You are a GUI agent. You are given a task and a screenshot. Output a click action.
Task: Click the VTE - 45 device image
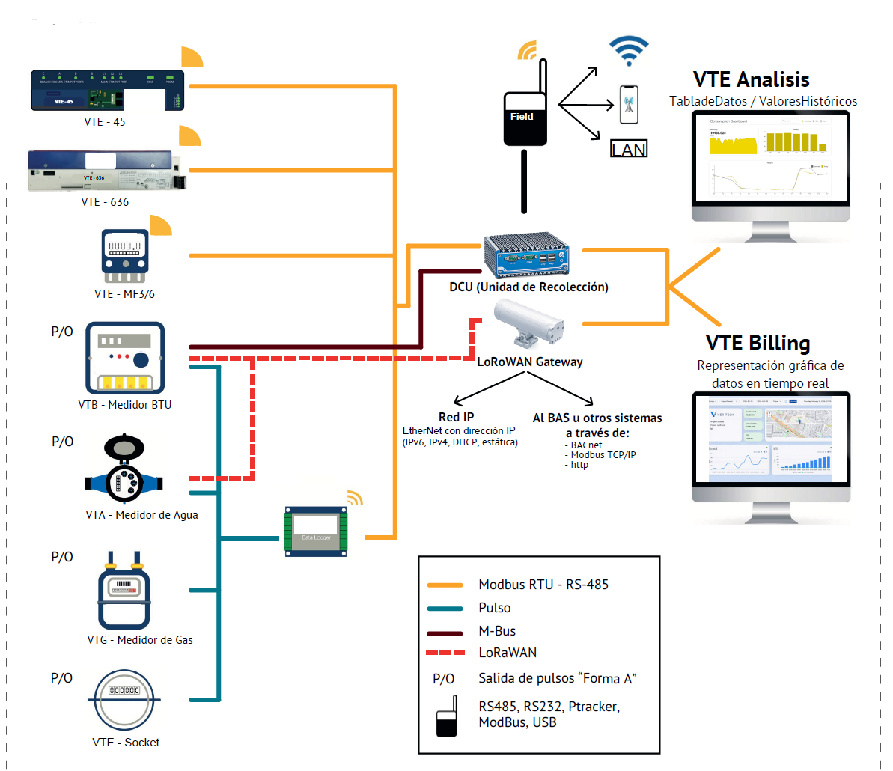107,90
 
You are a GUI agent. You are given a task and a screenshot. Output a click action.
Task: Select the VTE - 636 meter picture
107,171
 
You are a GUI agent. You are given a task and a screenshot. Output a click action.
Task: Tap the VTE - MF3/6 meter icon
124,256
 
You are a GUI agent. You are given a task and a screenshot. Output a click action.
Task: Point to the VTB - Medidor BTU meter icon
124,359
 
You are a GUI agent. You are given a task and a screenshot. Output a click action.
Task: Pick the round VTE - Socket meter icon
124,699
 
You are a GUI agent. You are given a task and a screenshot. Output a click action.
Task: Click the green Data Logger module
316,531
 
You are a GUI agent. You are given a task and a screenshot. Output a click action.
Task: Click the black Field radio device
525,118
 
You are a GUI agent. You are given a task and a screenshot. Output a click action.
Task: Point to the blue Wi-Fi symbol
628,51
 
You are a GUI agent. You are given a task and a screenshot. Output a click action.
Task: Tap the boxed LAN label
629,149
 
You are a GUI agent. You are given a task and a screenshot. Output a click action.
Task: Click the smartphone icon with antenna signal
629,104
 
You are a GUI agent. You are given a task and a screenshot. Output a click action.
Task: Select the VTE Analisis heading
751,79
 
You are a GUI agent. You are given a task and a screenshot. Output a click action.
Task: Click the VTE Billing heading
758,343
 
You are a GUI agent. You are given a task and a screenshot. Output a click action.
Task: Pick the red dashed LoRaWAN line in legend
445,653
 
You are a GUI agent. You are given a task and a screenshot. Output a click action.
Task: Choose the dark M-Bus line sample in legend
445,632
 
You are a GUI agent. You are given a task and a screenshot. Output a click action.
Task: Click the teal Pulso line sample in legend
445,608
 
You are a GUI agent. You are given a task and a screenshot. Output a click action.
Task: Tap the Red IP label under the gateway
456,417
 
